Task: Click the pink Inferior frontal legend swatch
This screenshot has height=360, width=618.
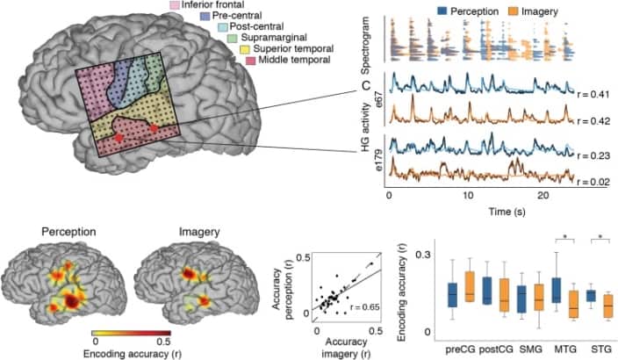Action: pyautogui.click(x=175, y=5)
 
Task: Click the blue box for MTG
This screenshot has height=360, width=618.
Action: pyautogui.click(x=557, y=290)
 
